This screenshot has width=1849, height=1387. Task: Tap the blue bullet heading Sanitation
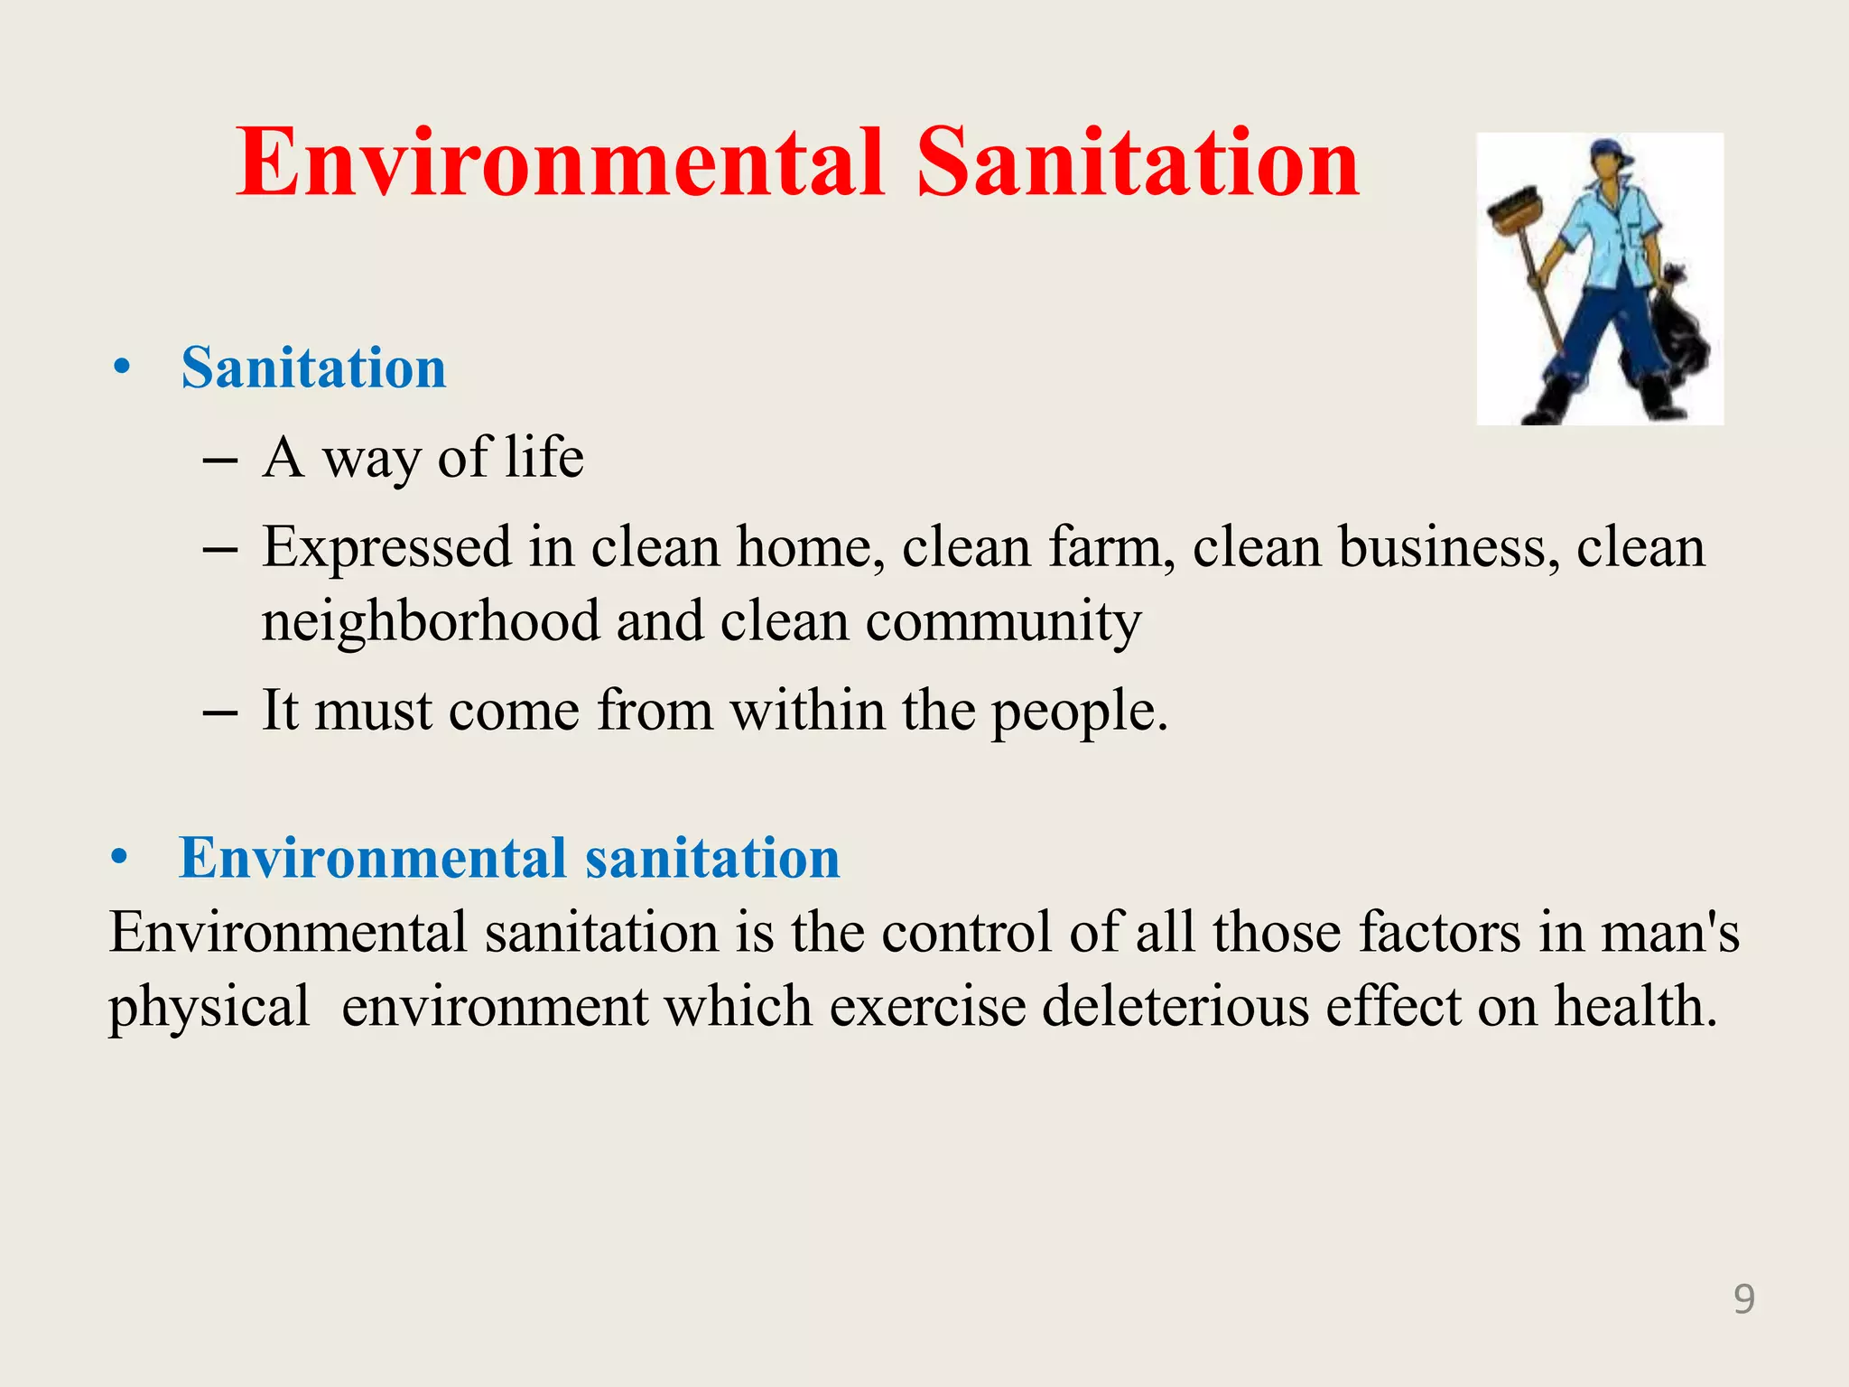click(313, 368)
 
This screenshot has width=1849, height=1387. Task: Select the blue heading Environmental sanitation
click(509, 858)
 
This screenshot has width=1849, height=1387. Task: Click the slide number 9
click(1744, 1299)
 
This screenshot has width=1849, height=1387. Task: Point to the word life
click(544, 457)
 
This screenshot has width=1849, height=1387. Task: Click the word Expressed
click(387, 548)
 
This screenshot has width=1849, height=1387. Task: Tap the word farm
click(1111, 547)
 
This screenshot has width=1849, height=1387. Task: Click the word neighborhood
click(431, 621)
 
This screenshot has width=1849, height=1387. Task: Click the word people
click(1079, 712)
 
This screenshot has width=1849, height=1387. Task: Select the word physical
click(209, 1008)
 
